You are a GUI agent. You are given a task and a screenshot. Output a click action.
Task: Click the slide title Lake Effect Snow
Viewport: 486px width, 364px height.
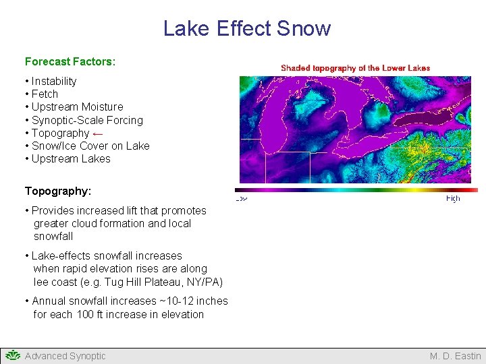coord(247,28)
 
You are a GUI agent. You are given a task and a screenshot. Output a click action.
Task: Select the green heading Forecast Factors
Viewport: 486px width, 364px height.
coord(70,61)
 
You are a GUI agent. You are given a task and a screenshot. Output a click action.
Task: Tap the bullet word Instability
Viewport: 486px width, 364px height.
coord(54,81)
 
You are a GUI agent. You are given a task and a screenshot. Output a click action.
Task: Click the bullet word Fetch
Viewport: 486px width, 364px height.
coord(45,94)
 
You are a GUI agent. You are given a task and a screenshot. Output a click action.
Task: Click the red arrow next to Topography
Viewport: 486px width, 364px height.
coord(98,133)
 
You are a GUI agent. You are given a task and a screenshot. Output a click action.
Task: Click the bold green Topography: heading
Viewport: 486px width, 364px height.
coord(58,191)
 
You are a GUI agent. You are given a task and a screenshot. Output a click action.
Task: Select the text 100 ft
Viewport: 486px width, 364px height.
coord(86,314)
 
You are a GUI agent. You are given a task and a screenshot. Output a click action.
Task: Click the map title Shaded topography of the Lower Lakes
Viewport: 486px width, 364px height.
coord(355,68)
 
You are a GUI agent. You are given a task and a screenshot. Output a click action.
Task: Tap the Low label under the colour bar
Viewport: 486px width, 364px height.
coord(240,199)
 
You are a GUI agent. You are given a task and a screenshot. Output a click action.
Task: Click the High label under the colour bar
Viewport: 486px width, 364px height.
coord(453,199)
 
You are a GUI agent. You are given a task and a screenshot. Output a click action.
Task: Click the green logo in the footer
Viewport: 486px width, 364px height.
coord(13,355)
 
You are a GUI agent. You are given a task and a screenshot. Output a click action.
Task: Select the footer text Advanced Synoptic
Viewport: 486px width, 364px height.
coord(65,356)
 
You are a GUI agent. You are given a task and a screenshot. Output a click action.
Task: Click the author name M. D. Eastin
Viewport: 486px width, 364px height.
coord(455,356)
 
